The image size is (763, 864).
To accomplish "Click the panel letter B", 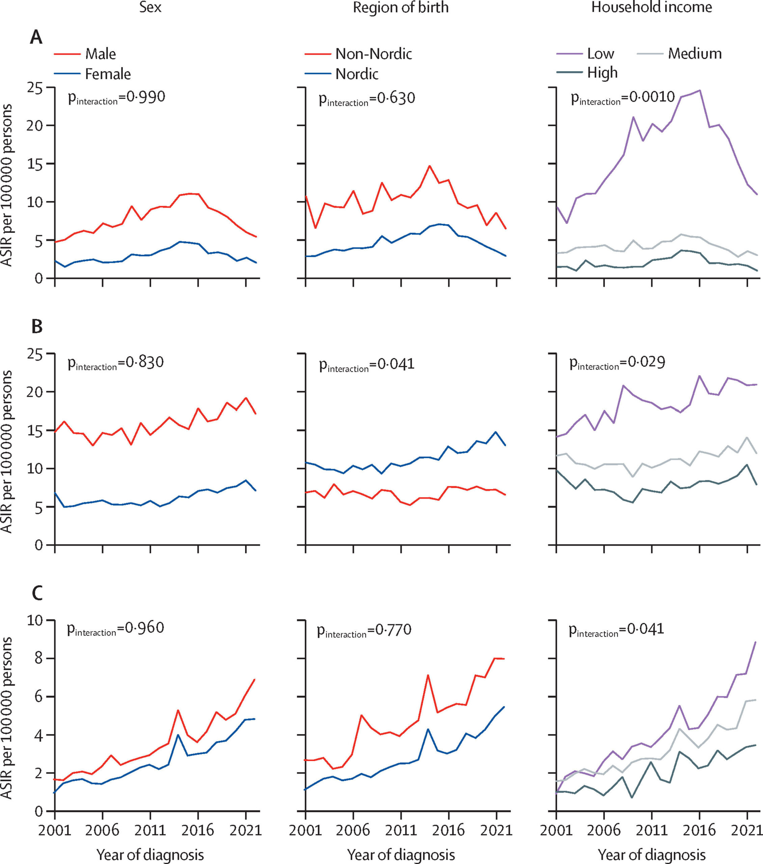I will click(x=37, y=327).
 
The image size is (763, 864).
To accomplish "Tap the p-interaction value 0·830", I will click(x=116, y=363).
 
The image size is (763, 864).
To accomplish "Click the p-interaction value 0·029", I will click(x=617, y=363).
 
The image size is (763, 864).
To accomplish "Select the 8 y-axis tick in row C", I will click(x=38, y=658).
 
